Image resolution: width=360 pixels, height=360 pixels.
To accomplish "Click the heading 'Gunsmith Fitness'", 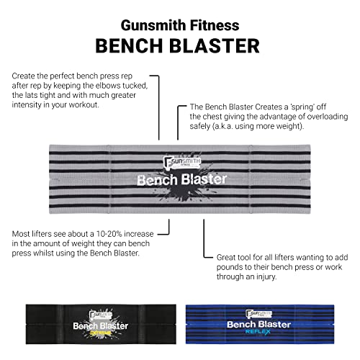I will (180, 23).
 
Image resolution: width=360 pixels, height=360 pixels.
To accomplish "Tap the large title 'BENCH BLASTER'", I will (180, 45).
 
